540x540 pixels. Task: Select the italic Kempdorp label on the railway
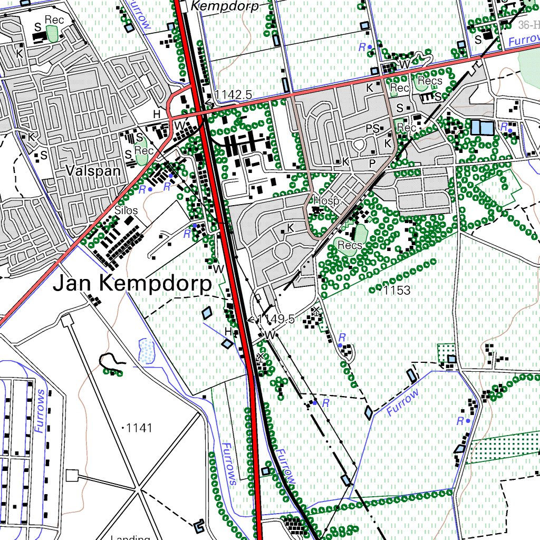[225, 6]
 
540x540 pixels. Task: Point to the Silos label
[126, 210]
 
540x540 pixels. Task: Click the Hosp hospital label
[325, 201]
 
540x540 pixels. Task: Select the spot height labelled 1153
[397, 291]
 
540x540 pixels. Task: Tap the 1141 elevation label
[139, 428]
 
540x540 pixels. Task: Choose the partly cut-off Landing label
[130, 537]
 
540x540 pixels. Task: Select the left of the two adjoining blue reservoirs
[476, 127]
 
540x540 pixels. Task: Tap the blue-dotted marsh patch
[146, 349]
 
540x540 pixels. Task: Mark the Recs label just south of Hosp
[350, 245]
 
